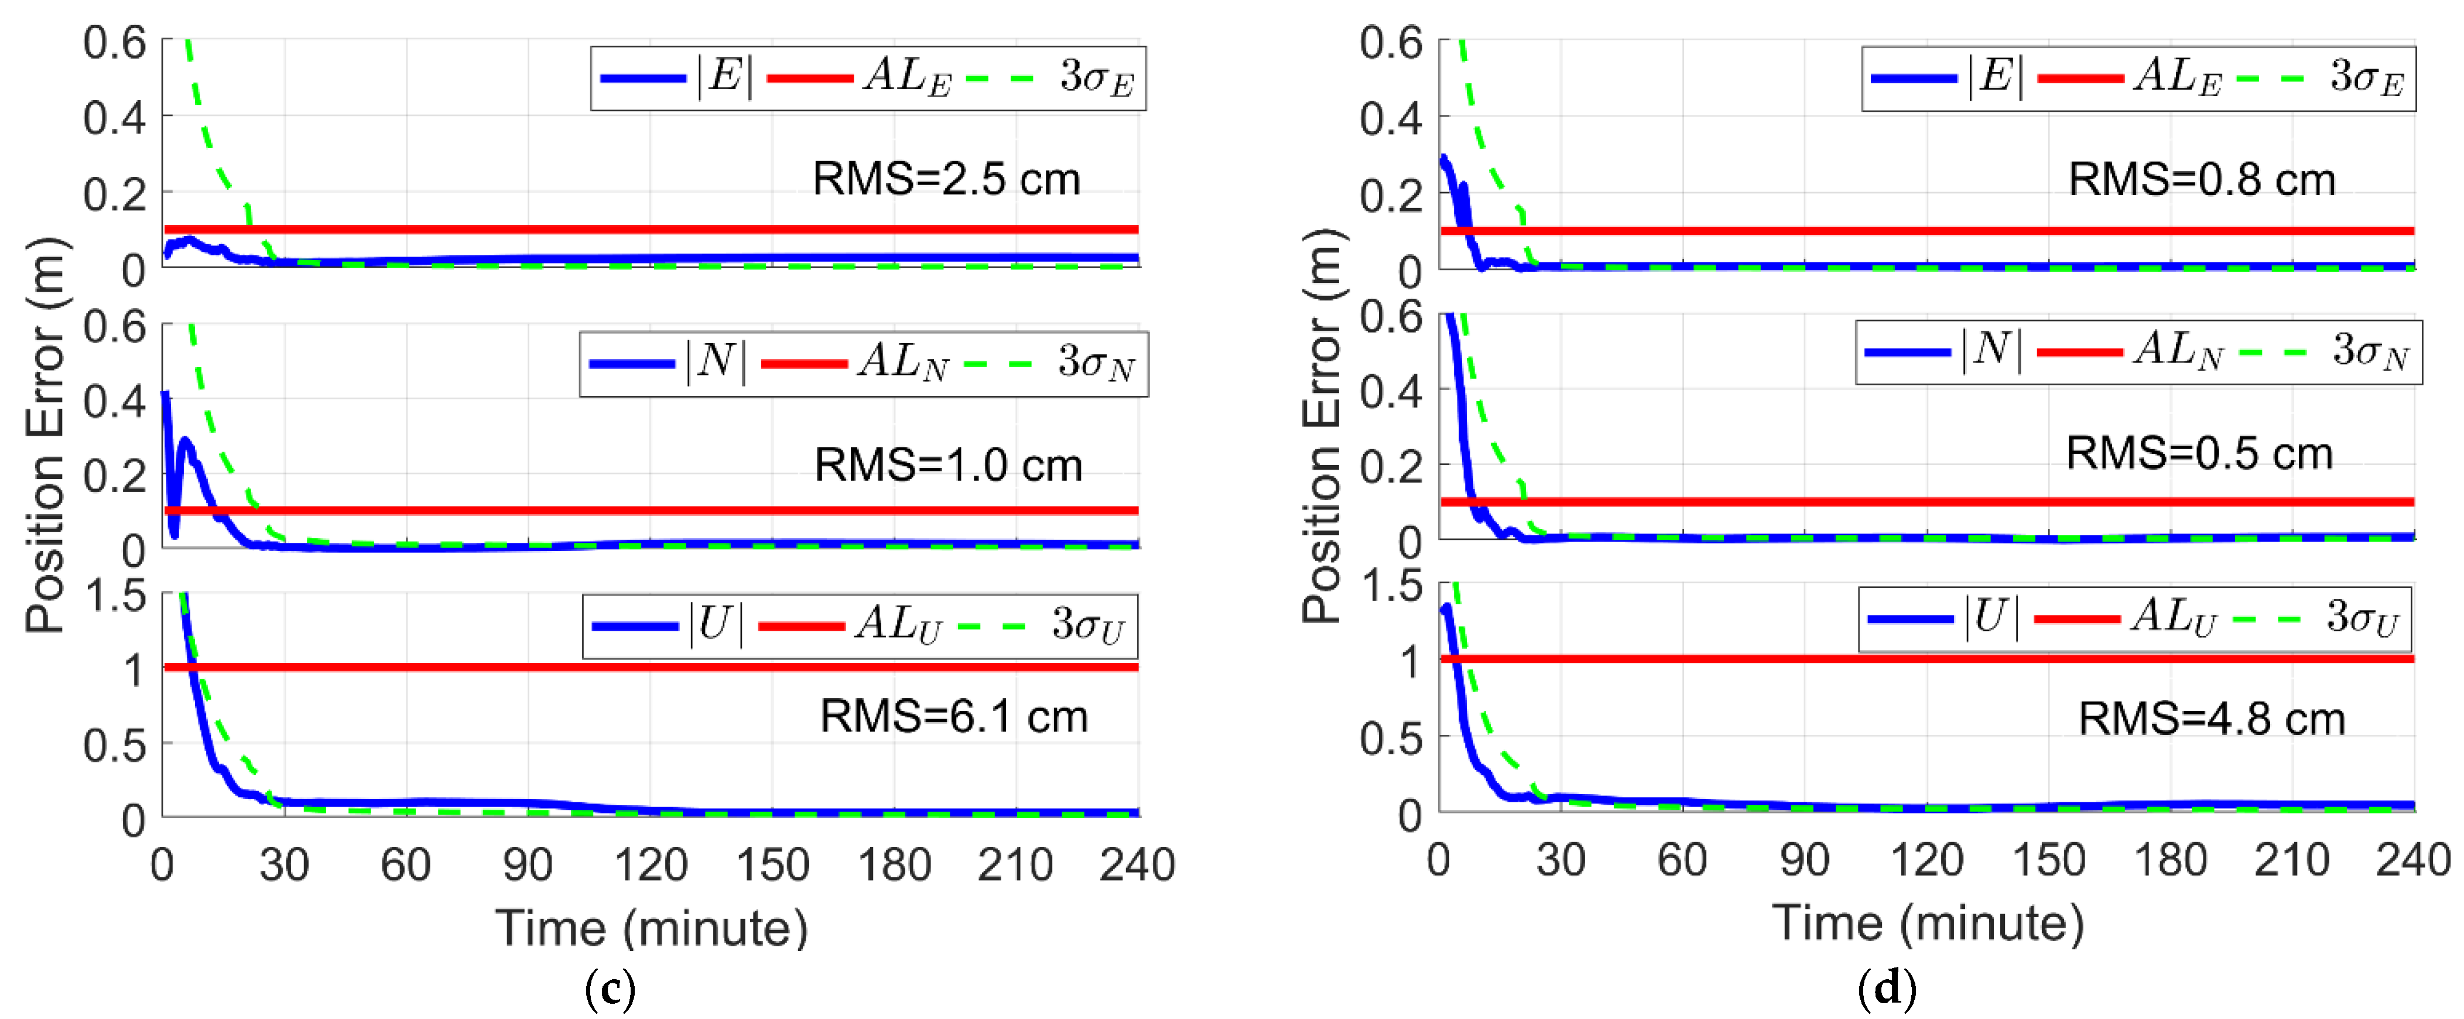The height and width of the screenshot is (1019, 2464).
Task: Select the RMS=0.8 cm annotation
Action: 2201,179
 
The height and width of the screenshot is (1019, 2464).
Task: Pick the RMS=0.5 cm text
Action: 2199,453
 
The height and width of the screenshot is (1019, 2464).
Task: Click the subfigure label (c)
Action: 610,989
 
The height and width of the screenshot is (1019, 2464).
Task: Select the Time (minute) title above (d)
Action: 1928,924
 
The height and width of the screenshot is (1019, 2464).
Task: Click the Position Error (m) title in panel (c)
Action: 45,435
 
